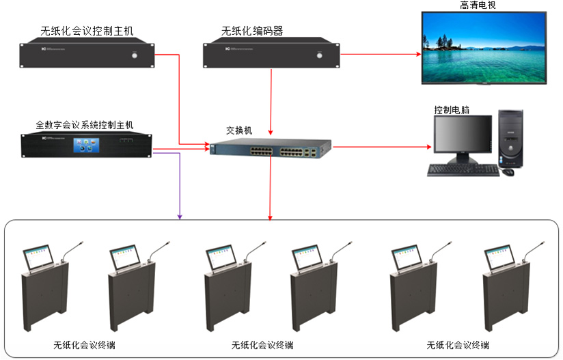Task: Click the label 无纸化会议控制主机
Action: (88, 30)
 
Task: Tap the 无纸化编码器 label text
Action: (252, 30)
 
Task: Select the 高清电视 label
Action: (478, 5)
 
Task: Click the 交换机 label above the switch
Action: (239, 129)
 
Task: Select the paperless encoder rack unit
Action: (271, 55)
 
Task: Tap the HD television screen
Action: (484, 47)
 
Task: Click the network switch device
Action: (270, 150)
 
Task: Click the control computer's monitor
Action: (462, 137)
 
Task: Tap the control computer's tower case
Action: (511, 138)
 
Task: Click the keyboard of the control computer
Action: (462, 170)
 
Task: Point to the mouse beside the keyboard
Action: (508, 171)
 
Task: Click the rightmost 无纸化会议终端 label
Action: (457, 345)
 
